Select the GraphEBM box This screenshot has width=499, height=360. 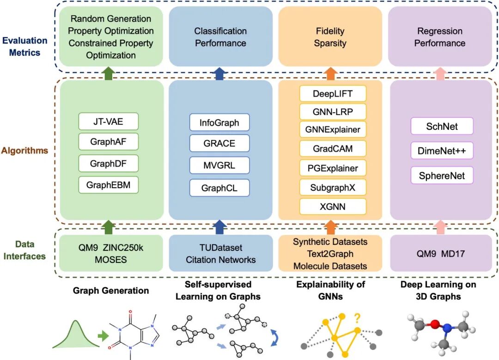click(x=108, y=186)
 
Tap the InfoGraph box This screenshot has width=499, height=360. click(x=219, y=123)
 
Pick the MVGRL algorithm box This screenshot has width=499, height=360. click(x=219, y=165)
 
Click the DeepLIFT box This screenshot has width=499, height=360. click(x=333, y=94)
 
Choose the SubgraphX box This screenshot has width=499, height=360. click(x=333, y=187)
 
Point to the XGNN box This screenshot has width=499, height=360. click(x=333, y=206)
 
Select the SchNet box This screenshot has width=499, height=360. click(x=442, y=126)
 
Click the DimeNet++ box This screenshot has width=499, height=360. click(x=442, y=151)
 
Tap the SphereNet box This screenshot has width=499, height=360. click(x=442, y=176)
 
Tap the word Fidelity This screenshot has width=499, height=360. click(x=330, y=31)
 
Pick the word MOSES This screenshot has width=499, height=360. click(x=109, y=260)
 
